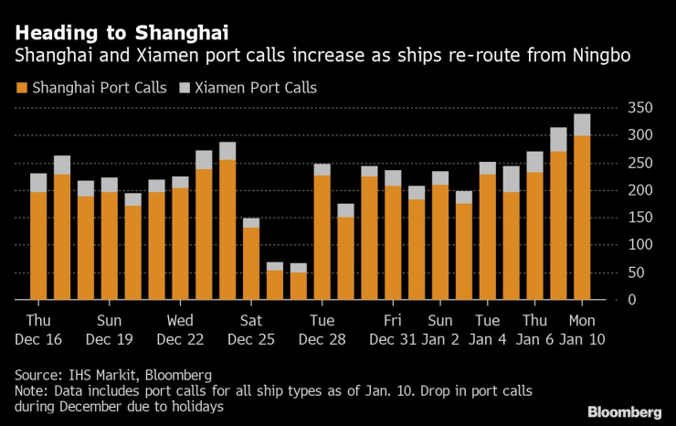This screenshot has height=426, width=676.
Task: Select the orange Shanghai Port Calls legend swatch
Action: coord(21,89)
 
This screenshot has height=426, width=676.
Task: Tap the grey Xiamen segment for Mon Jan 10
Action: coord(582,124)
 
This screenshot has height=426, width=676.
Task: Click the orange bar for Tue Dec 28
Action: coord(322,238)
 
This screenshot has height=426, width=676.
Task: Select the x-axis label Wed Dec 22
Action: coord(180,329)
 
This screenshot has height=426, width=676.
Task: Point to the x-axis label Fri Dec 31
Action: coord(393,329)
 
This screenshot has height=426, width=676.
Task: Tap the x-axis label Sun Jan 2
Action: coord(440,329)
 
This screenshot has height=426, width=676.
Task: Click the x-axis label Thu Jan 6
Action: coord(534,329)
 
